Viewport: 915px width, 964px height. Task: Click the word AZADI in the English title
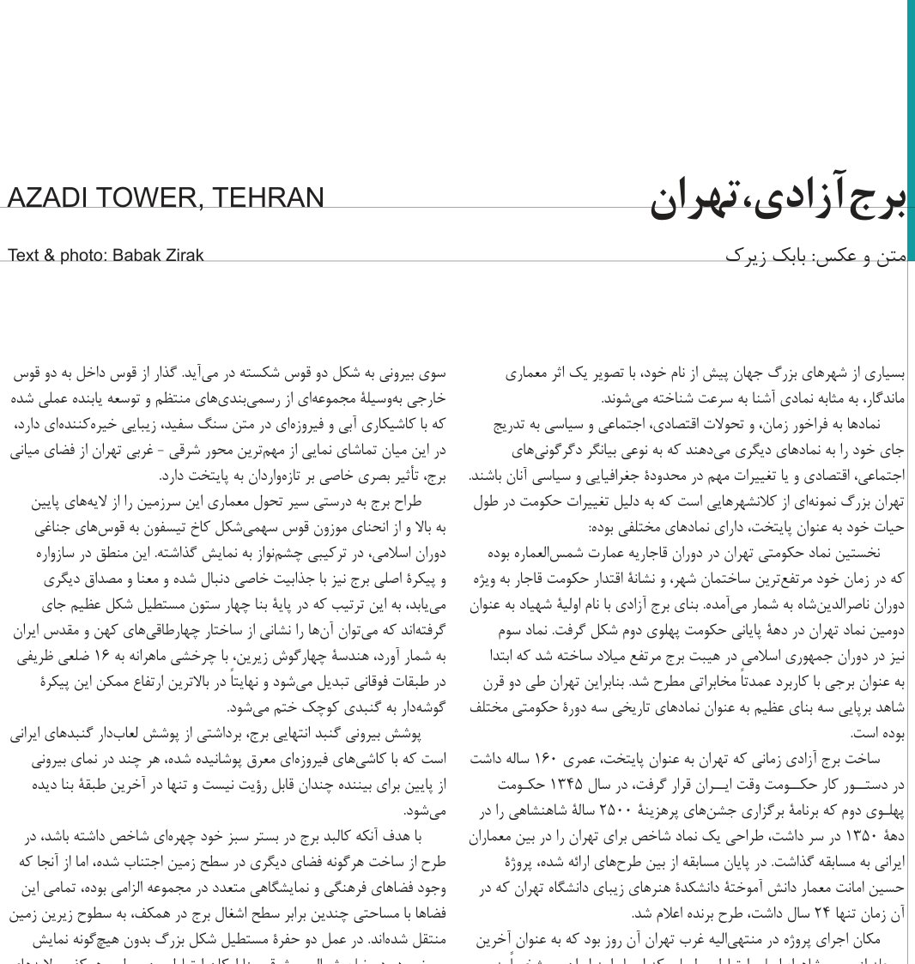(x=47, y=198)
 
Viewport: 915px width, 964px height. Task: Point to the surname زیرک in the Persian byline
(x=746, y=255)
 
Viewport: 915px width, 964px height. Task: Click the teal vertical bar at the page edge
(x=911, y=129)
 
